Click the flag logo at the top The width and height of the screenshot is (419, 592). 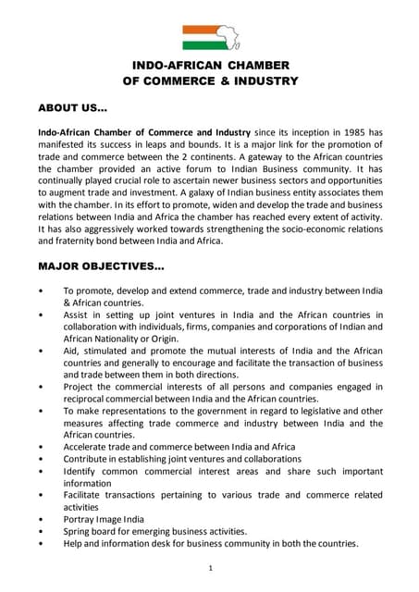click(210, 37)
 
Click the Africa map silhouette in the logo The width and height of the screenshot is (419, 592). click(226, 38)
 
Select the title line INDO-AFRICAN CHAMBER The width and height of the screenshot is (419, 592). click(210, 65)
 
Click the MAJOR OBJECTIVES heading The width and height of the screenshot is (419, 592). click(101, 266)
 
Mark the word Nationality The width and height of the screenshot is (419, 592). click(113, 339)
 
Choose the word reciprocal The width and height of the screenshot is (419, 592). click(89, 399)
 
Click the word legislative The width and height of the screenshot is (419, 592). click(311, 411)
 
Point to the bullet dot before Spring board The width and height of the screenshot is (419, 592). click(41, 532)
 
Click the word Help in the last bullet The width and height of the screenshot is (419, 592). click(74, 544)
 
